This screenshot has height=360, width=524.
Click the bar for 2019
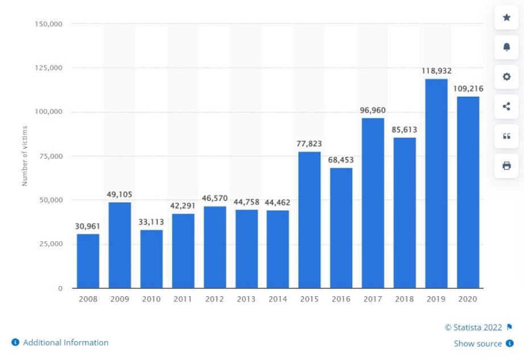(x=436, y=183)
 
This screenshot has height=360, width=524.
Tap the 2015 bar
(x=310, y=220)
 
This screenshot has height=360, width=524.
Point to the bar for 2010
(x=151, y=259)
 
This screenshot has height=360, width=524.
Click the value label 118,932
(x=436, y=72)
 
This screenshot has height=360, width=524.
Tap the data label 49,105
(x=119, y=195)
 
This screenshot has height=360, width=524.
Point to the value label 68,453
(x=341, y=160)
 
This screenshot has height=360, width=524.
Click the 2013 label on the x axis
(x=246, y=299)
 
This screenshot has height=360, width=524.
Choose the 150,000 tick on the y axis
(x=49, y=24)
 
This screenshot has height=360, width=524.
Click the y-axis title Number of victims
(x=24, y=156)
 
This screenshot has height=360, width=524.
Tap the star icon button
(x=506, y=18)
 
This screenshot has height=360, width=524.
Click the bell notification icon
(x=506, y=47)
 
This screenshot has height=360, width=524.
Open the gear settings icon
(x=506, y=77)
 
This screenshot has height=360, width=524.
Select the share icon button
(x=506, y=106)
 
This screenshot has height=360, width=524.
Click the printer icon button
(x=506, y=165)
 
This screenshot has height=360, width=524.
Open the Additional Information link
(x=65, y=342)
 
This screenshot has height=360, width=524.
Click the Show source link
(x=478, y=344)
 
